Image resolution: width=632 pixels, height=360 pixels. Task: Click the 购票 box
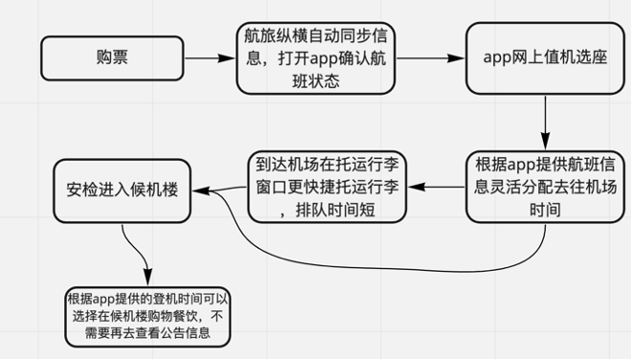tap(113, 58)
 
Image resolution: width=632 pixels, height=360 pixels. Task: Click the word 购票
tap(113, 58)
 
